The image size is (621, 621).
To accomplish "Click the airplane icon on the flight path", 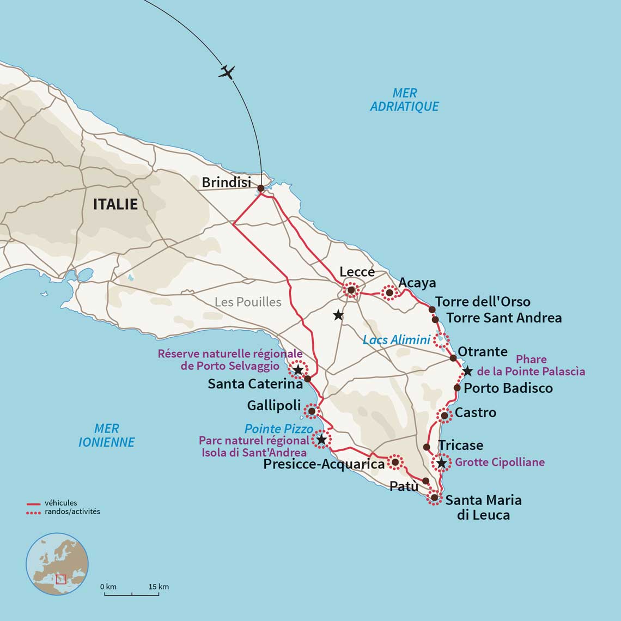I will click(227, 72).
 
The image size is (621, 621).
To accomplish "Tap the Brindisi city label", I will click(227, 182).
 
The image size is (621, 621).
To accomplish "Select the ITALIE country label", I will click(115, 204).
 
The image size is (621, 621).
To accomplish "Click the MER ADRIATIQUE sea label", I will click(404, 100).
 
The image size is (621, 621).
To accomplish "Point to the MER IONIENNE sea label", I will click(106, 435).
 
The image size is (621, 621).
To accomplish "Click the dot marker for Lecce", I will click(351, 290).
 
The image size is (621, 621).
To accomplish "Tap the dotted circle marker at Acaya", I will click(389, 293).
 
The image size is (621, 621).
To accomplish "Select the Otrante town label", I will click(482, 351).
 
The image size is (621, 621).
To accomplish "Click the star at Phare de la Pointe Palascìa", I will click(467, 372).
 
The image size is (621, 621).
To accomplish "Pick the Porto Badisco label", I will click(508, 388).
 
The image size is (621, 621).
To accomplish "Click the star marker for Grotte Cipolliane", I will click(442, 464).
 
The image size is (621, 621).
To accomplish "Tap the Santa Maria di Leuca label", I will click(483, 507).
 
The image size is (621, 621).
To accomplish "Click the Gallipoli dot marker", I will click(312, 411).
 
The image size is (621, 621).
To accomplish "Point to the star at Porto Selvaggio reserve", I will click(298, 370).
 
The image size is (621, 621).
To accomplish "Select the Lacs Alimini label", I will click(397, 340).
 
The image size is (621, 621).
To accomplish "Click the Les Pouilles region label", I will click(248, 302).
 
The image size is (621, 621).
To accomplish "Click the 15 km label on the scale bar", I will click(159, 587).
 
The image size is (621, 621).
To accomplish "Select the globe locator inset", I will click(57, 564).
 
